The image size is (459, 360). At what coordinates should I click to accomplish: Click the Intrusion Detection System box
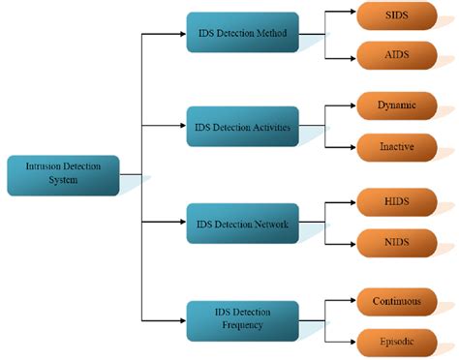[x=63, y=175]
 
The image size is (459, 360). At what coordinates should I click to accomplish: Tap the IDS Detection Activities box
[x=242, y=126]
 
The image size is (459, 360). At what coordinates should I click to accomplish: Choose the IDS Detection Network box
[x=242, y=224]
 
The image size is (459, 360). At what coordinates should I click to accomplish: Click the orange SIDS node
[x=396, y=16]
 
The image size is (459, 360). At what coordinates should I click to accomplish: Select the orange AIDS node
[x=396, y=53]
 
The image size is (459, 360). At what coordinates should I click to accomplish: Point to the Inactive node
[x=396, y=146]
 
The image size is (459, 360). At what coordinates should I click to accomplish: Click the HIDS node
[x=396, y=202]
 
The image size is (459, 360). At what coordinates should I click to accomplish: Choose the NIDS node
[x=396, y=242]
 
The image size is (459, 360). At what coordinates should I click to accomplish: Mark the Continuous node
[x=396, y=301]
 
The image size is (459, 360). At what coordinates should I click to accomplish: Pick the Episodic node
[x=396, y=341]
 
